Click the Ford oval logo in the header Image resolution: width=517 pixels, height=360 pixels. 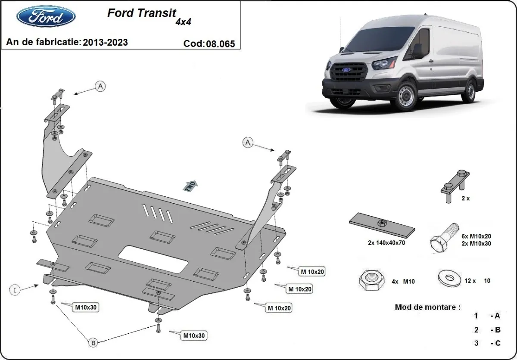click(46, 17)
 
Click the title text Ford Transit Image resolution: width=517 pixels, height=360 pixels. click(141, 13)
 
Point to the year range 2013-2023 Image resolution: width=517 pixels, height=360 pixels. click(105, 42)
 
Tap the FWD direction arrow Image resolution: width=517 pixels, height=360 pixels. click(191, 186)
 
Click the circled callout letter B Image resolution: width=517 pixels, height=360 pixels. click(93, 343)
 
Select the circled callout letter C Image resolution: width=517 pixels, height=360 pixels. click(15, 290)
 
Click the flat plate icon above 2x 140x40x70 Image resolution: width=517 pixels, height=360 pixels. click(382, 225)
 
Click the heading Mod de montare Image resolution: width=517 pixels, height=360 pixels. click(427, 307)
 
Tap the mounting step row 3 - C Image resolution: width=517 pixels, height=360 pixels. click(487, 343)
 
